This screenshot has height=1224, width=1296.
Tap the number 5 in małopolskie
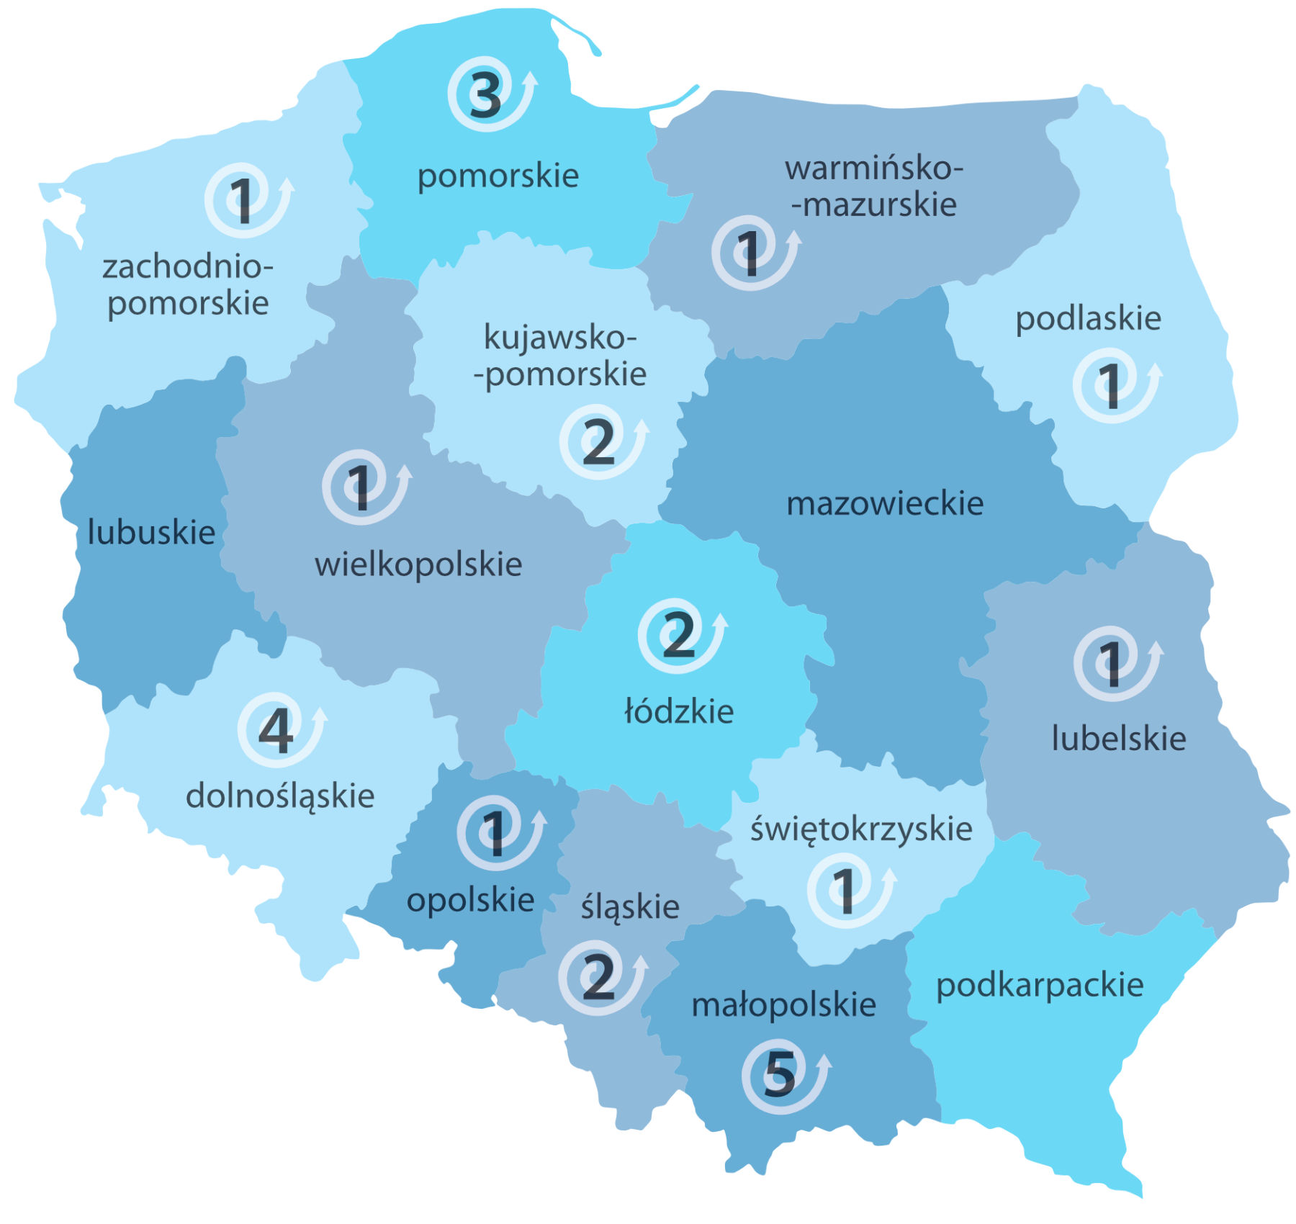pyautogui.click(x=780, y=1073)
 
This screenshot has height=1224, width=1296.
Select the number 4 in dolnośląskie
pyautogui.click(x=276, y=730)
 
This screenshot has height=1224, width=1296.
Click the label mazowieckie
pyautogui.click(x=885, y=503)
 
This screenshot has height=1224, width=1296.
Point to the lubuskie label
pyautogui.click(x=151, y=533)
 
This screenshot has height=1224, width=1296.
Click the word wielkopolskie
pyautogui.click(x=418, y=564)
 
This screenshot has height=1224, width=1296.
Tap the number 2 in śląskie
pyautogui.click(x=599, y=977)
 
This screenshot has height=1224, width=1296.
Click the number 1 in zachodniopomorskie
pyautogui.click(x=242, y=201)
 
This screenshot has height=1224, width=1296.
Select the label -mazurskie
pyautogui.click(x=874, y=205)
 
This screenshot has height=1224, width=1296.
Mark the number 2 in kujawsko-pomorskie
pyautogui.click(x=599, y=442)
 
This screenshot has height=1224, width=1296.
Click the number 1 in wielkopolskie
pyautogui.click(x=359, y=487)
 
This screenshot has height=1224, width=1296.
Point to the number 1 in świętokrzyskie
pyautogui.click(x=844, y=891)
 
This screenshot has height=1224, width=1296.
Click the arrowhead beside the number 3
pyautogui.click(x=531, y=78)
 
